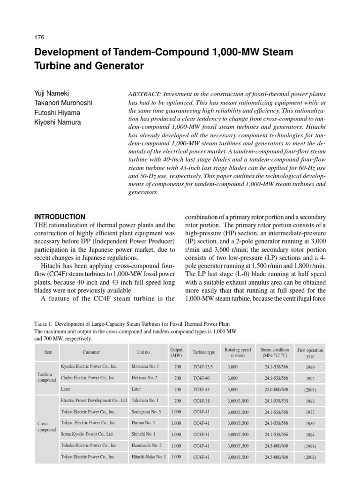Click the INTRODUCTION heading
click(x=60, y=217)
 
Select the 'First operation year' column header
click(x=310, y=352)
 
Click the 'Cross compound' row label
click(x=46, y=427)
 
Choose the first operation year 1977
click(x=310, y=412)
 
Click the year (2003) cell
click(x=310, y=389)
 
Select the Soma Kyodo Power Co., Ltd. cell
click(x=87, y=435)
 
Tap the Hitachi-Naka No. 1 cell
click(x=149, y=457)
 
